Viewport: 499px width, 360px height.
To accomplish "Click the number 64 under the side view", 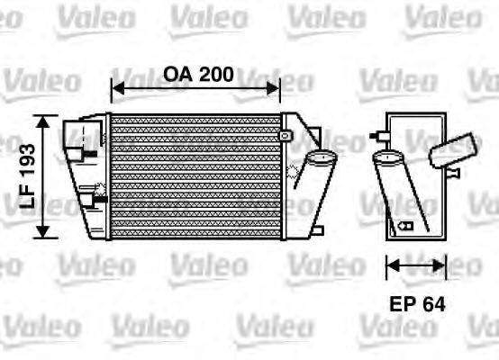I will coord(433,303).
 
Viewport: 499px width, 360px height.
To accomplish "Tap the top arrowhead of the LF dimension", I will coord(42,120).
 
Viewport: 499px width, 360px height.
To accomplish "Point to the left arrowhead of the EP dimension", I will coord(390,265).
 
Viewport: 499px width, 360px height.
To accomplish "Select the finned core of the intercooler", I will coord(194,175).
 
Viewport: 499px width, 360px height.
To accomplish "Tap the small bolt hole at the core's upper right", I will coord(286,135).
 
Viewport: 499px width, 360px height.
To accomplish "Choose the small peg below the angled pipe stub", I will coord(455,171).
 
